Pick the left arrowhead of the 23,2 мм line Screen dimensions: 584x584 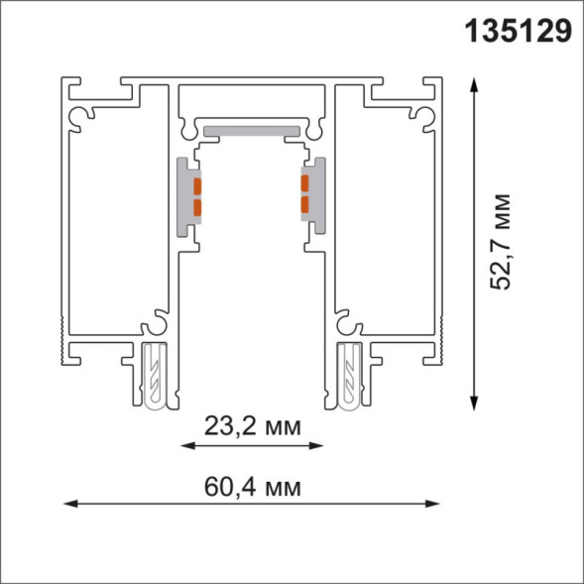[x=186, y=446]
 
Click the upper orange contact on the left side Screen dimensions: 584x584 [x=196, y=185]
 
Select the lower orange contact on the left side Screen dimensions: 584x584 [x=196, y=206]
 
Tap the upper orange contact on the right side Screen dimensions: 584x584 [x=306, y=185]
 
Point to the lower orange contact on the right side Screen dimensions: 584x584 [x=306, y=206]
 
